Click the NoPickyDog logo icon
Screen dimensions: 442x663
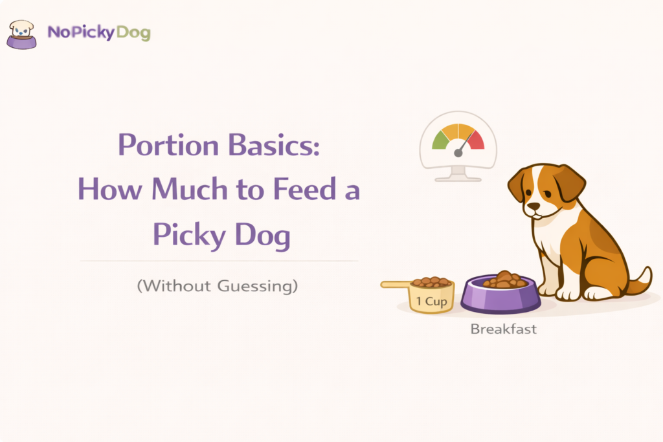(21, 34)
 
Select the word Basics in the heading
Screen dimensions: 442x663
(271, 145)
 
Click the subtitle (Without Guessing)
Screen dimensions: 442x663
(218, 285)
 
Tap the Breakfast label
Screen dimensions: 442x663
(503, 329)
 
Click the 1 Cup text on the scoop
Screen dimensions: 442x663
(431, 301)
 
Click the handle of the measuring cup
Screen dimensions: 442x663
(396, 284)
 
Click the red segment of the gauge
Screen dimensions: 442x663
(476, 138)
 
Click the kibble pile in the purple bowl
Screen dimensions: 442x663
(503, 280)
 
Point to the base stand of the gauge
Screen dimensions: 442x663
(458, 175)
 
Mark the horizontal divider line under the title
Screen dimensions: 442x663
(219, 261)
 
